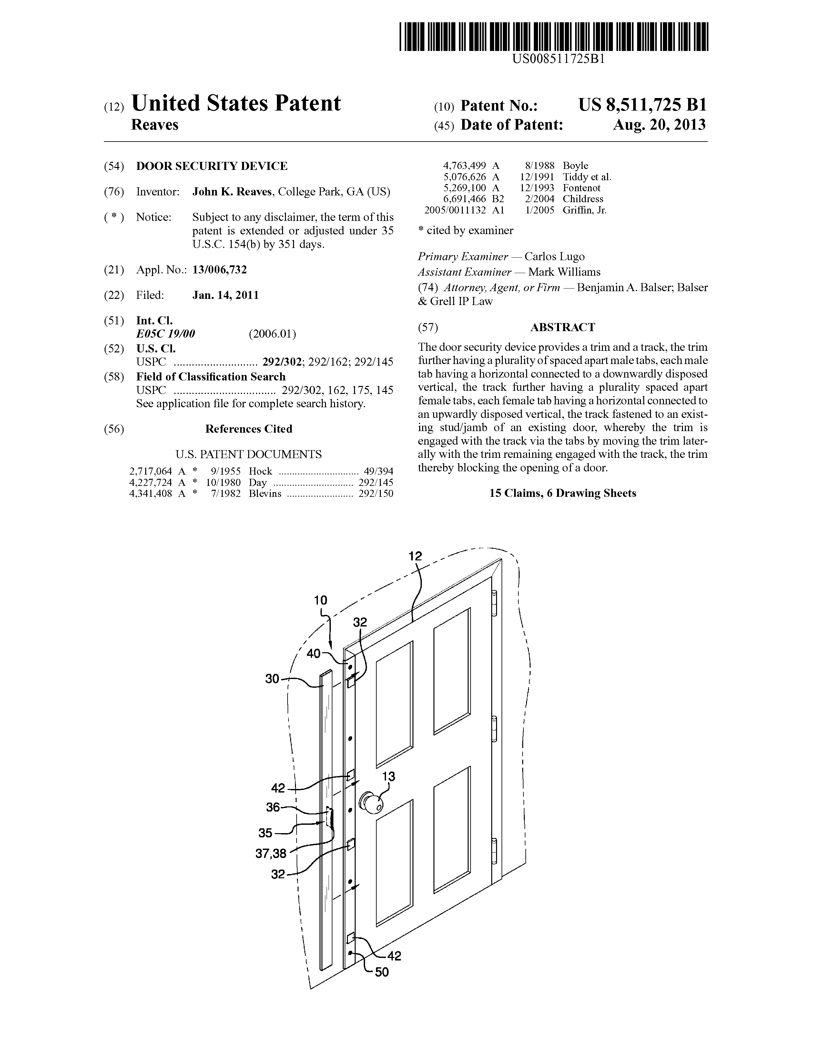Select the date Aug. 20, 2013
click(x=659, y=125)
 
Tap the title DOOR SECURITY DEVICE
click(x=212, y=166)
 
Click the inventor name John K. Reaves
click(x=232, y=192)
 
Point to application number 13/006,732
click(x=219, y=270)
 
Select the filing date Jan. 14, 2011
click(x=225, y=295)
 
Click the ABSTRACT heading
click(x=563, y=327)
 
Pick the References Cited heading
click(x=248, y=429)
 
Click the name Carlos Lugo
click(x=554, y=257)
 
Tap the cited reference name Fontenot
click(x=581, y=188)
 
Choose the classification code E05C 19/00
click(x=166, y=334)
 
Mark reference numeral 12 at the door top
click(x=415, y=556)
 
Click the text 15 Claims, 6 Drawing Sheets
click(x=563, y=493)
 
